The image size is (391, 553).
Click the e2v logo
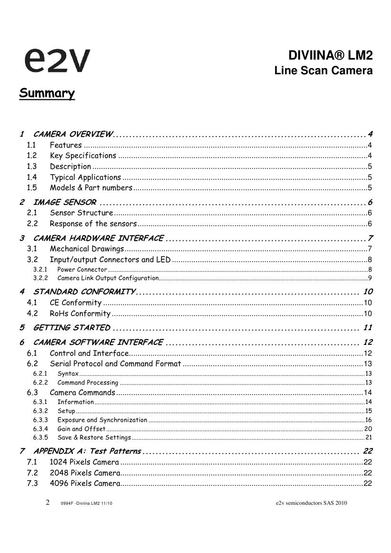point(57,60)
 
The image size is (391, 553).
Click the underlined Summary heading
point(47,93)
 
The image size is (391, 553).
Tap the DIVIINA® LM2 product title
point(330,56)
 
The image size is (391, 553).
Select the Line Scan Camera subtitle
point(323,71)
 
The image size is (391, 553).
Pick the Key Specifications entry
point(83,156)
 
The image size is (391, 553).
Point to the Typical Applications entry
point(85,177)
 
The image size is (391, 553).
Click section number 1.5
point(32,188)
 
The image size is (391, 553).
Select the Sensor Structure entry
point(81,213)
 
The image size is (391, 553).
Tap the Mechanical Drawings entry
point(87,249)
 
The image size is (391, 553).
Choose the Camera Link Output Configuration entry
point(108,278)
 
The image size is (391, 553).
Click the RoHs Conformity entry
point(80,314)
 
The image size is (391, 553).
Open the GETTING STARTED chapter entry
point(72,328)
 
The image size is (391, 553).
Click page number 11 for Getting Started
point(367,328)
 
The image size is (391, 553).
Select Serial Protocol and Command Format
point(116,364)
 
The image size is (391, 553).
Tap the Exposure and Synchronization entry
point(102,420)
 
